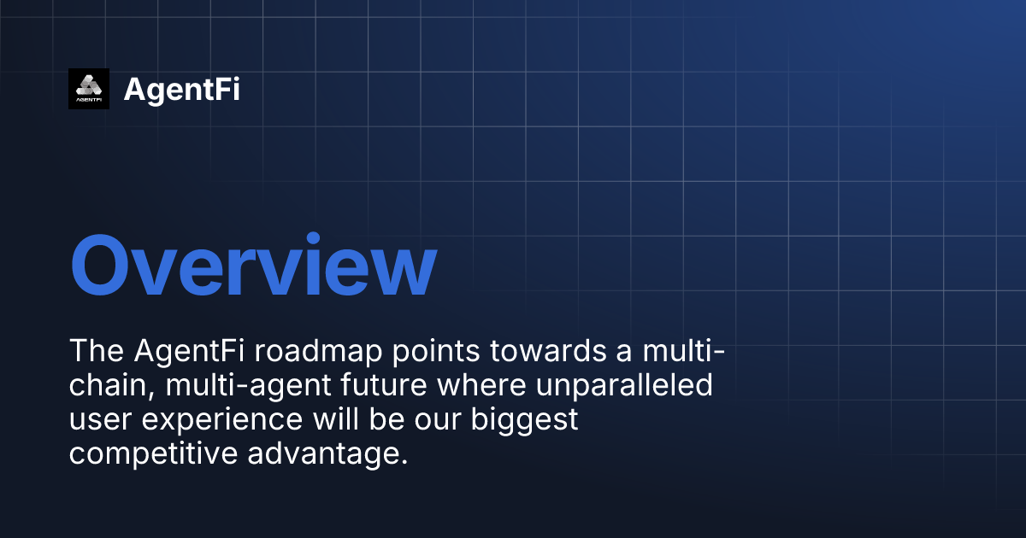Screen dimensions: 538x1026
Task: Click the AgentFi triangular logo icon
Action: pyautogui.click(x=89, y=89)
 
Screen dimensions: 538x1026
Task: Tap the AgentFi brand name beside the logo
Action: pyautogui.click(x=181, y=89)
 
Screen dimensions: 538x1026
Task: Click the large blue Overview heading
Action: pyautogui.click(x=253, y=266)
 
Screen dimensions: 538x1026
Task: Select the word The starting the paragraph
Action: pyautogui.click(x=96, y=351)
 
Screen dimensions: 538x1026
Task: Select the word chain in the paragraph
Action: pyautogui.click(x=109, y=386)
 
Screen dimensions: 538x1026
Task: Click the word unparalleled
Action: pyautogui.click(x=625, y=386)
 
